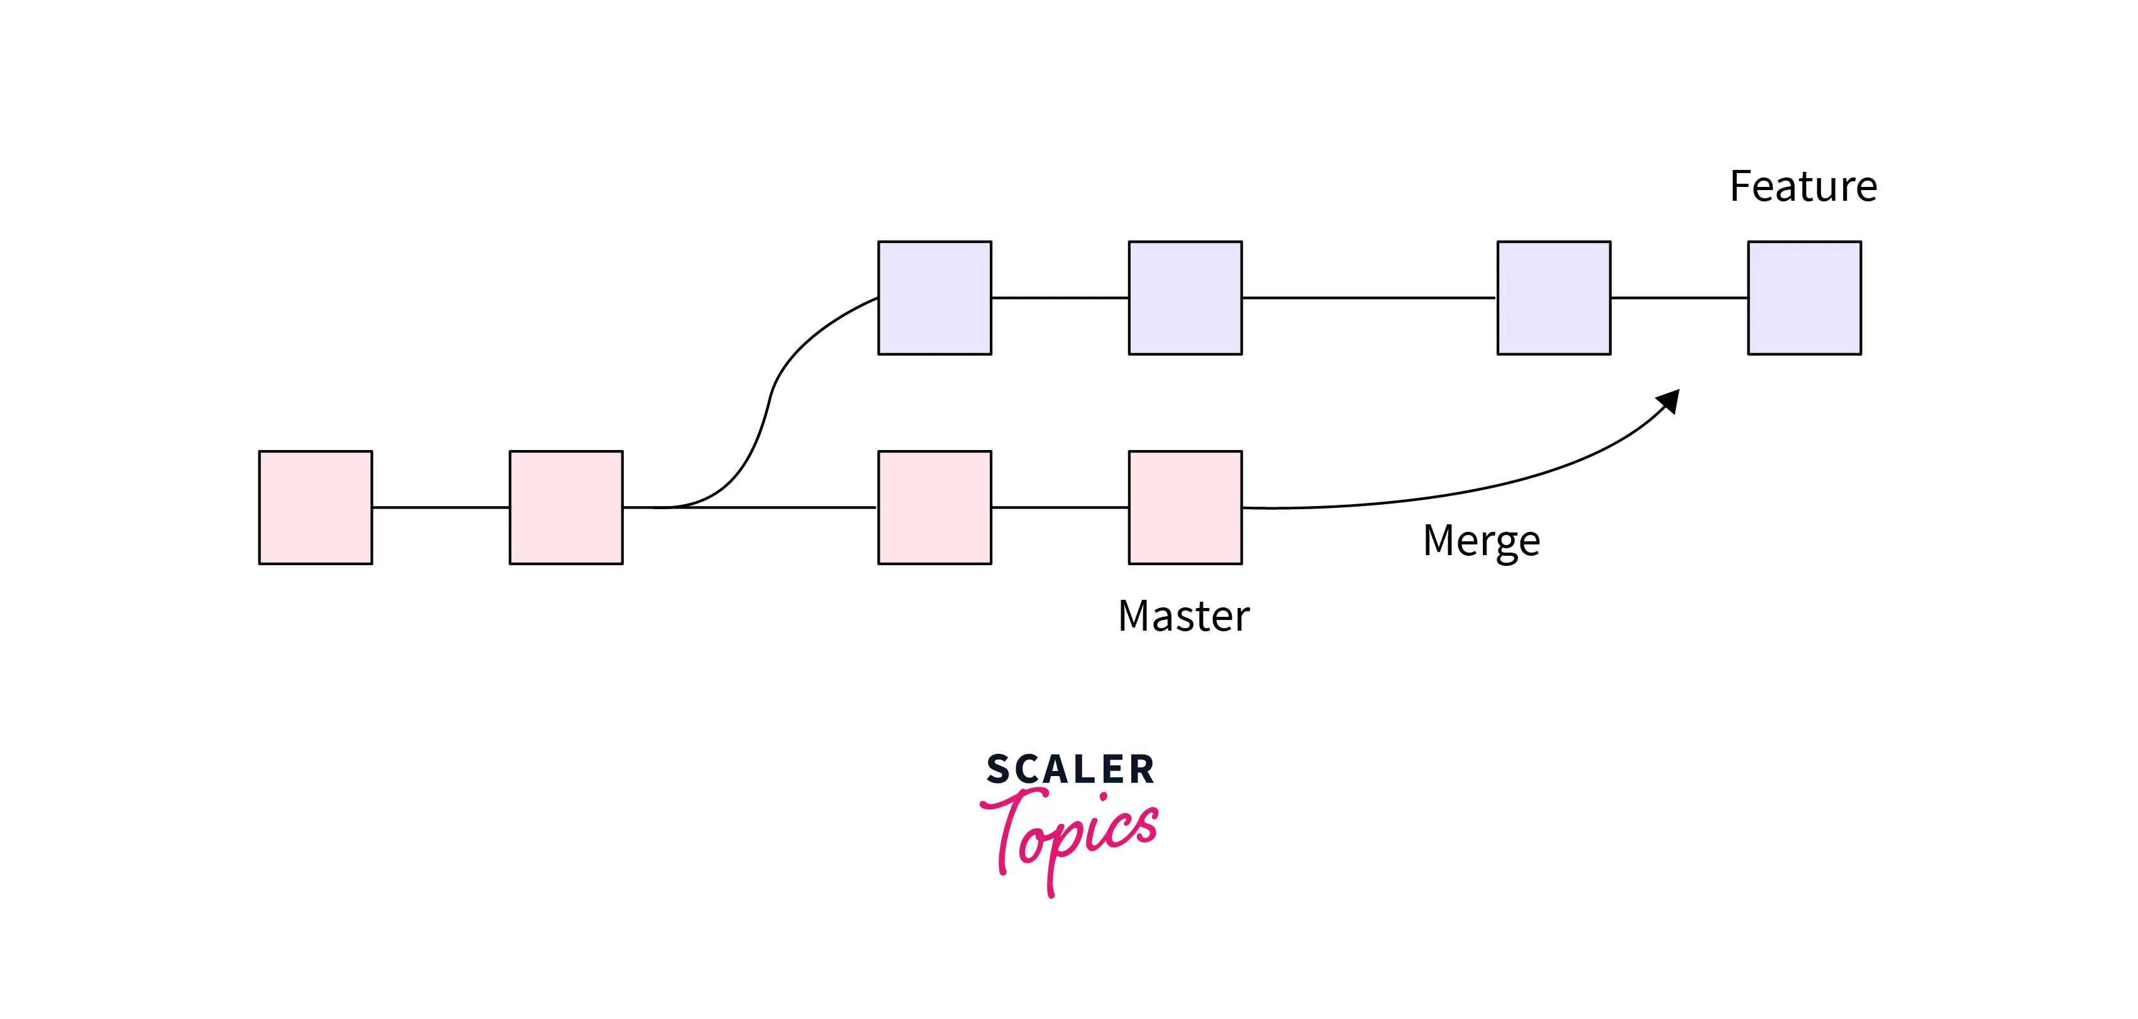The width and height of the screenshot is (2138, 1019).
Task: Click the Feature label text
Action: tap(1803, 186)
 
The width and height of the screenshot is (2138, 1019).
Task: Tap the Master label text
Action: tap(1183, 616)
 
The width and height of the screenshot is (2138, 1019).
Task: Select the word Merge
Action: tap(1482, 541)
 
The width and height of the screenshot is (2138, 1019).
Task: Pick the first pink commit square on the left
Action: tap(316, 507)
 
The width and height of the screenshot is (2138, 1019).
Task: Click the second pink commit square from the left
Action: tap(566, 507)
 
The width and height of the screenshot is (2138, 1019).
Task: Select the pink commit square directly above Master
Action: tap(1185, 507)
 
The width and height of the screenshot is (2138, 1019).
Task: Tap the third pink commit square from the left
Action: tap(934, 507)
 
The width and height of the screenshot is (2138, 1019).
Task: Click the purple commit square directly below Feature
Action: tap(1804, 298)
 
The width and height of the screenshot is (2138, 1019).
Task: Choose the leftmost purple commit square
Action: tap(934, 298)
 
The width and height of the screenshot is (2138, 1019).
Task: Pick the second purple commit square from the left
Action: tap(1185, 298)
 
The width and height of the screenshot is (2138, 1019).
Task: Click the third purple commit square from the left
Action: tap(1554, 298)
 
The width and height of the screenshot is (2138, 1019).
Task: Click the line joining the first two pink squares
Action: tap(441, 507)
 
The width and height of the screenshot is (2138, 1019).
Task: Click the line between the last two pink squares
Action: tap(1060, 507)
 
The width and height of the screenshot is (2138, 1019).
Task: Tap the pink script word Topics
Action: tap(1071, 835)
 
